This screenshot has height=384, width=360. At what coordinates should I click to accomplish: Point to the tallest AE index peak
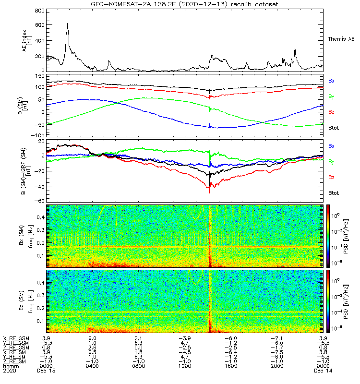[67, 24]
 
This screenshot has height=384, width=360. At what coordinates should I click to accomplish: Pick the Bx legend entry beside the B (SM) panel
[331, 81]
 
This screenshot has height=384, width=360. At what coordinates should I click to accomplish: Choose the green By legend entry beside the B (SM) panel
[331, 96]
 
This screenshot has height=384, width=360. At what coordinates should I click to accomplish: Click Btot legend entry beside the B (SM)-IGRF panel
[333, 193]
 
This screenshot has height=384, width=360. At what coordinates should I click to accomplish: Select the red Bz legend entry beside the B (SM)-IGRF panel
[331, 178]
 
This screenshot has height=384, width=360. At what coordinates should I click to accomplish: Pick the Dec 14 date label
[322, 371]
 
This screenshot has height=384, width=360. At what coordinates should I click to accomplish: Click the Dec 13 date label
[46, 371]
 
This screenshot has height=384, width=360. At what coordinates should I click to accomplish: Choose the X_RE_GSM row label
[16, 338]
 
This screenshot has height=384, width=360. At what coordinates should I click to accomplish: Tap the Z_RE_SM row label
[15, 361]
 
